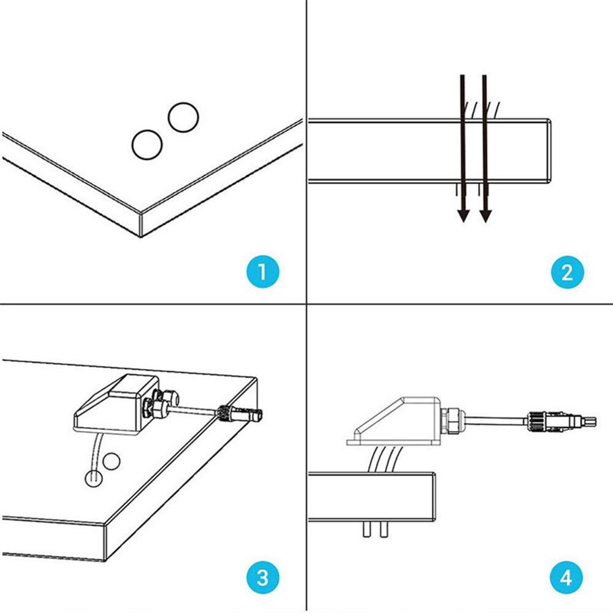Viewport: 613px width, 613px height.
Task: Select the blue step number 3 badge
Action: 263,577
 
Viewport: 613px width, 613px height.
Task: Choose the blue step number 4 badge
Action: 567,577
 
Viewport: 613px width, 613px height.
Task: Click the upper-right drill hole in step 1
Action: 183,116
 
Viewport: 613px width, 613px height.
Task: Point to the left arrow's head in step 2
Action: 463,214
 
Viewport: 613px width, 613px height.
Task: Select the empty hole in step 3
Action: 111,461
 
